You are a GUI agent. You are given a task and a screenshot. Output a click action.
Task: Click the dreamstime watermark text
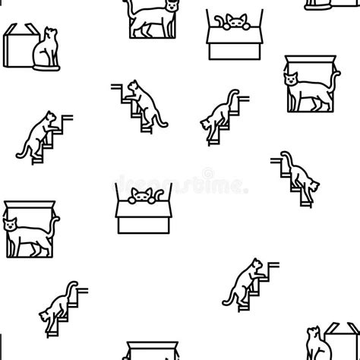click(179, 185)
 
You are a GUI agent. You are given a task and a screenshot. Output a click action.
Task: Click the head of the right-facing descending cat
click(206, 122)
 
